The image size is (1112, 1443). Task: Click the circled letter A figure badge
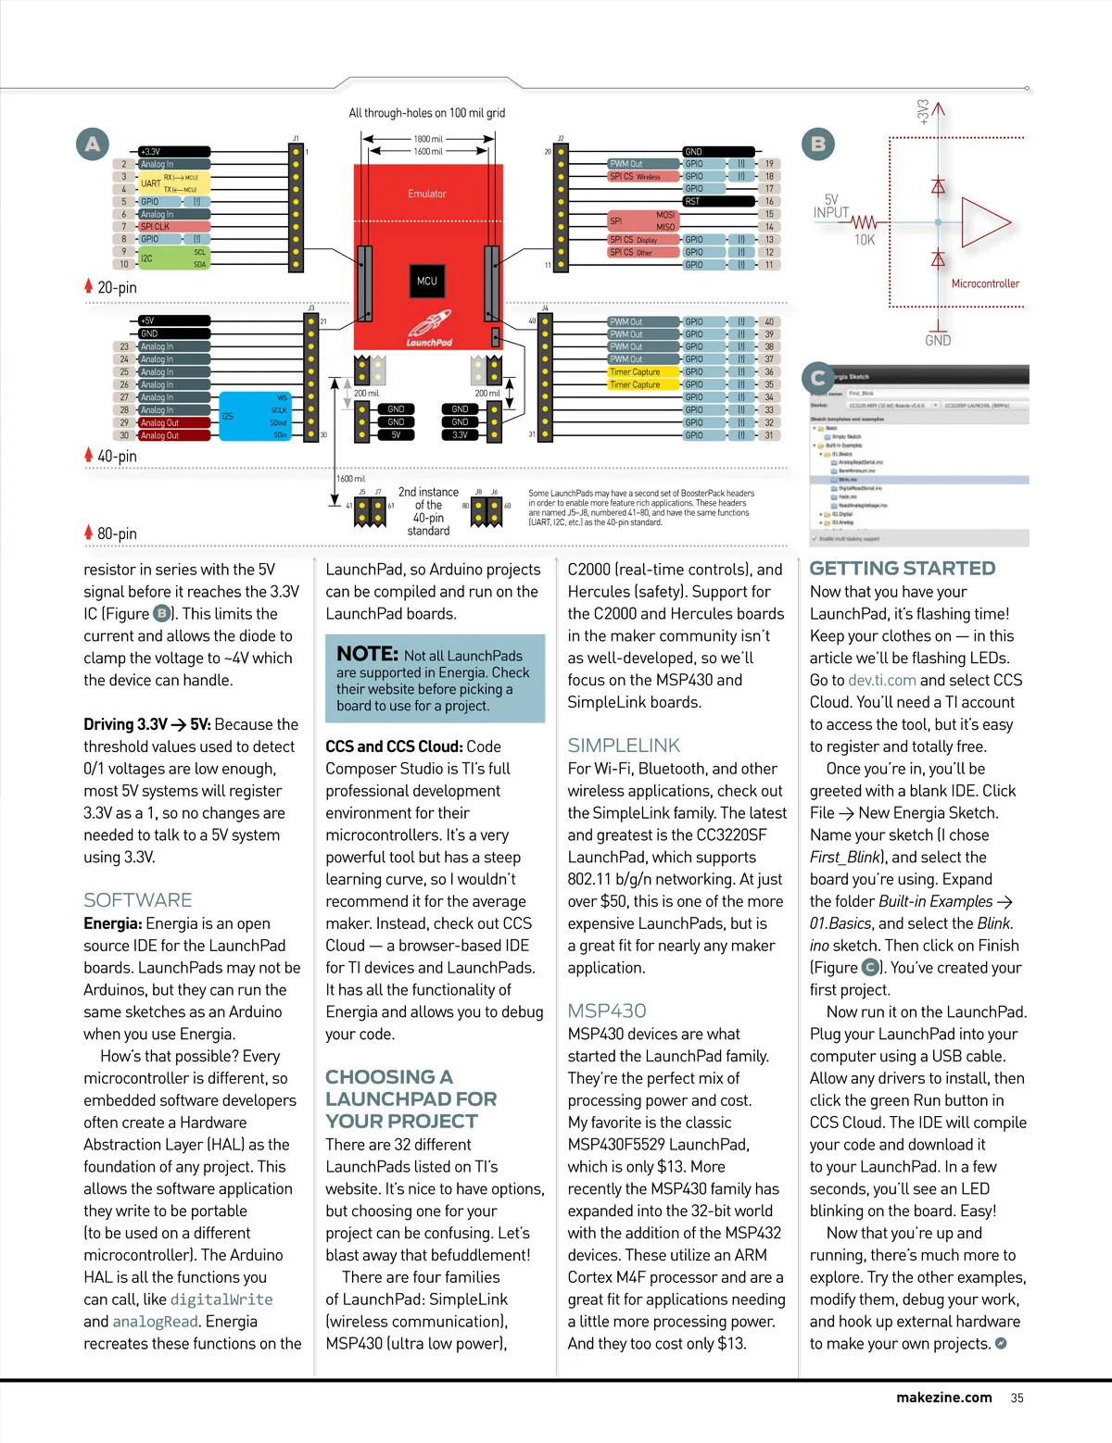[x=93, y=144]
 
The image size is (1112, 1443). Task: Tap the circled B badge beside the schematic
[x=817, y=144]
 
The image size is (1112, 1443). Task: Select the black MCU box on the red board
[x=426, y=281]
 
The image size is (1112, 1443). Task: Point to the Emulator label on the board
[x=426, y=194]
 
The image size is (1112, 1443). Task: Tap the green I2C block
[x=173, y=257]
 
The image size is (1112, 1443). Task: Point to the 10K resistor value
[x=864, y=240]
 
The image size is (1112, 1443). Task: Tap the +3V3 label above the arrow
[x=923, y=112]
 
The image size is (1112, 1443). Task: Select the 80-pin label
[x=117, y=533]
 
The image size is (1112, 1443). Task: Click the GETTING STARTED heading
[x=903, y=569]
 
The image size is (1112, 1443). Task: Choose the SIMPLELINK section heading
[x=624, y=746]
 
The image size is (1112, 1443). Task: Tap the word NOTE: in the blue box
[x=367, y=654]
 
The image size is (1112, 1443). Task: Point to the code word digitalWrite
[x=221, y=1299]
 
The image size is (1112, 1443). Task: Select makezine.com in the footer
[x=943, y=1398]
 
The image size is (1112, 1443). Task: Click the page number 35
[x=1017, y=1398]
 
